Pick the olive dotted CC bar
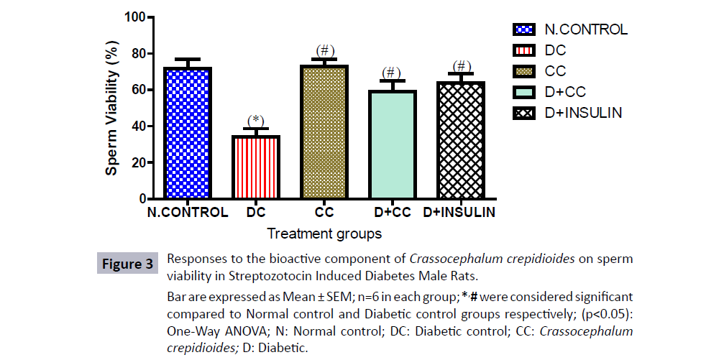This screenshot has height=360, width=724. click(324, 132)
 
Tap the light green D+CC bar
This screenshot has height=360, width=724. click(391, 144)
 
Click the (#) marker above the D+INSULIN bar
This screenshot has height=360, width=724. click(462, 66)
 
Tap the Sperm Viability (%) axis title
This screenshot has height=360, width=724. click(114, 107)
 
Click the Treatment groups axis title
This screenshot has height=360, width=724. click(324, 234)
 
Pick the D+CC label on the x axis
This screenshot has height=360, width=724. click(392, 213)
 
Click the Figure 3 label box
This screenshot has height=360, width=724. click(126, 264)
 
